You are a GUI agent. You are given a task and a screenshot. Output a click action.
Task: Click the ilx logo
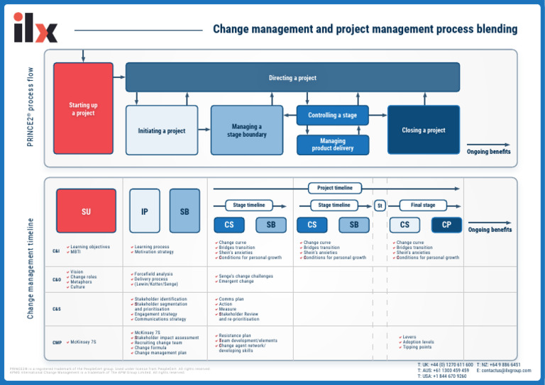35,28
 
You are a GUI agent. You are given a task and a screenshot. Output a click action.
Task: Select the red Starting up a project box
83,108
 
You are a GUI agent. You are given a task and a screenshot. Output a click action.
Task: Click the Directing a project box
292,77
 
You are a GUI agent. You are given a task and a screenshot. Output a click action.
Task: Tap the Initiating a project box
162,130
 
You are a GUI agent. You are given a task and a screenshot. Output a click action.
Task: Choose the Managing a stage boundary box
246,130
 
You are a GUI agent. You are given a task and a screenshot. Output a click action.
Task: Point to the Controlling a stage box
332,115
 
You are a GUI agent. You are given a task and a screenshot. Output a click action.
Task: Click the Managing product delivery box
332,145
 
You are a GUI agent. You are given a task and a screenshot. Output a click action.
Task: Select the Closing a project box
424,130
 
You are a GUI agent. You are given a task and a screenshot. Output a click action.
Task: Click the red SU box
86,211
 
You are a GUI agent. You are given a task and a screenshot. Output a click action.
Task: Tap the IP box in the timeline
145,211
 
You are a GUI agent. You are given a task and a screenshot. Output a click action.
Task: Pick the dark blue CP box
446,225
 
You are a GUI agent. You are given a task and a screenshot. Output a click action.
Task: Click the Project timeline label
334,188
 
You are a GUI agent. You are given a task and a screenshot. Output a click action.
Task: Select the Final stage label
423,205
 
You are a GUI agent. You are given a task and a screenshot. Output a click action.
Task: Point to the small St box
380,206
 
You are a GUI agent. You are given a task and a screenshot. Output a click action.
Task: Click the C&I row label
56,250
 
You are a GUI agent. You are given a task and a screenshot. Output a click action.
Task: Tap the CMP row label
57,342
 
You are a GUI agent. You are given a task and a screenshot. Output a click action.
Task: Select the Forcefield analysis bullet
153,274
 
